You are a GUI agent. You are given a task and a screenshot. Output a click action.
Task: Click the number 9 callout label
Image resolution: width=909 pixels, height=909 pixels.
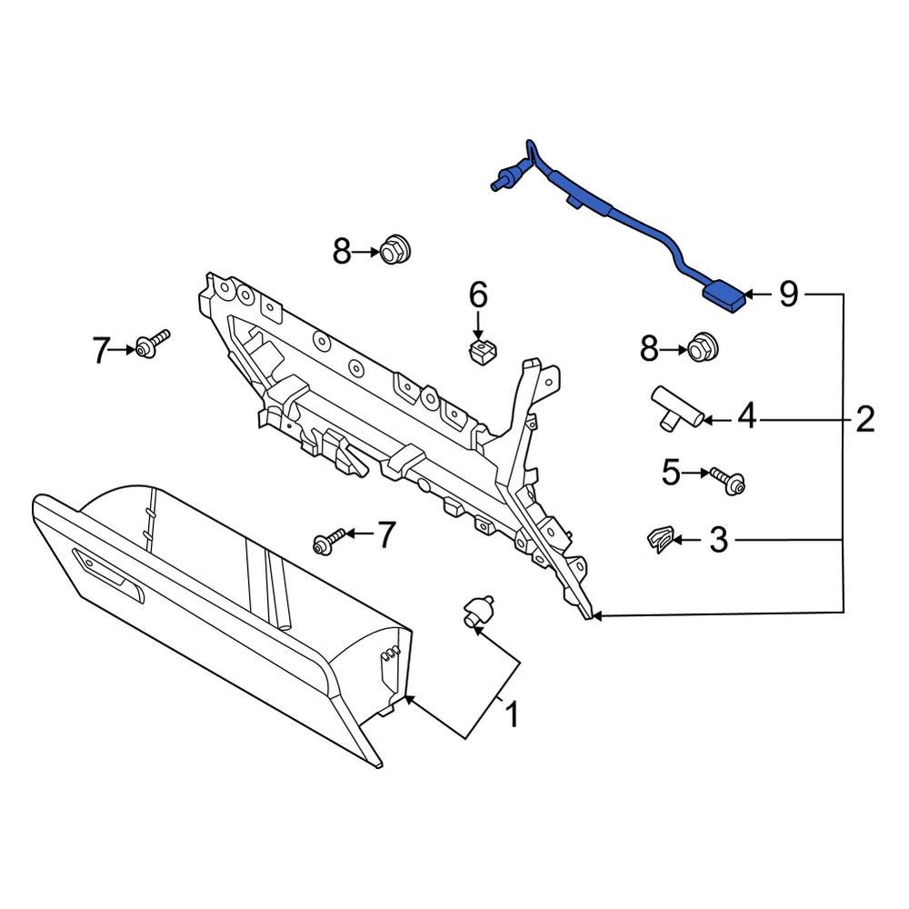(x=788, y=294)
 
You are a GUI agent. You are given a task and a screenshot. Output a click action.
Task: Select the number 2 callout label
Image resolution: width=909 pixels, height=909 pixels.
(x=864, y=419)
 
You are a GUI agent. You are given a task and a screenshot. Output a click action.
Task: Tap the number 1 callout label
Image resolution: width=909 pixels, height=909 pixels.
(x=512, y=714)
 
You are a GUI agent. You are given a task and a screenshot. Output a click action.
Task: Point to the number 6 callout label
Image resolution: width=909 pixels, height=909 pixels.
(x=478, y=295)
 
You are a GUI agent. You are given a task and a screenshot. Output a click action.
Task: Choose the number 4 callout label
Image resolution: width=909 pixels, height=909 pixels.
(x=745, y=417)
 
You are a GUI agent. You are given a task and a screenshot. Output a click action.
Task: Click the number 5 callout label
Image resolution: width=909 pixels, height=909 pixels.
(x=671, y=473)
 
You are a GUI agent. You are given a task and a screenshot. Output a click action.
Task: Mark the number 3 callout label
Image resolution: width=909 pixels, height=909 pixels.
(x=718, y=542)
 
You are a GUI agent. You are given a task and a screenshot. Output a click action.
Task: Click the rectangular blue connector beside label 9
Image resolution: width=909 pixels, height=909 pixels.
(x=724, y=297)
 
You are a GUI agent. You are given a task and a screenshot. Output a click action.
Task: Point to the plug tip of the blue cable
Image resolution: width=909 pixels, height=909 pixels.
(x=498, y=185)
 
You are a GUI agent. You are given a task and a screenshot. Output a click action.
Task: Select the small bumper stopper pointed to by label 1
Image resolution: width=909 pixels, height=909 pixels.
(x=478, y=612)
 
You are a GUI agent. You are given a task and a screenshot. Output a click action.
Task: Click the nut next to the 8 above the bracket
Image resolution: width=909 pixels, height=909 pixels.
(x=393, y=247)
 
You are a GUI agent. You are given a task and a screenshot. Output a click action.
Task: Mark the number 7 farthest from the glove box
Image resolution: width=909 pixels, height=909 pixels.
(x=100, y=349)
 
